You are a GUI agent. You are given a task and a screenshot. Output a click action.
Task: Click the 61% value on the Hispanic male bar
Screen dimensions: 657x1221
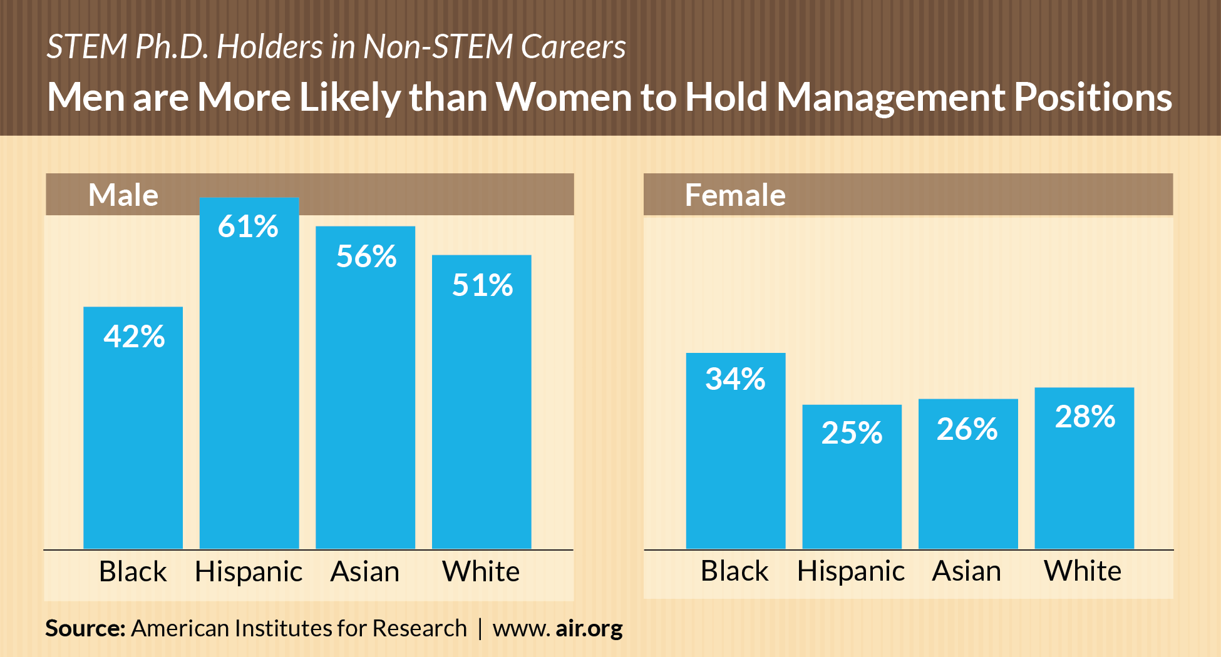pos(248,227)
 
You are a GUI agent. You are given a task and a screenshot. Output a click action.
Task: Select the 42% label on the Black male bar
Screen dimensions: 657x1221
pos(134,337)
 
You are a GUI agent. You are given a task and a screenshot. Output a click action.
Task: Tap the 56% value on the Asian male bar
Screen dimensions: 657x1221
pos(366,257)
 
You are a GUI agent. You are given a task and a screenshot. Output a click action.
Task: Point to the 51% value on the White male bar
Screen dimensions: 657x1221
pos(482,285)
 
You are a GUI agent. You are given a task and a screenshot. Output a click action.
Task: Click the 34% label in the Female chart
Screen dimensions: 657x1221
pos(735,379)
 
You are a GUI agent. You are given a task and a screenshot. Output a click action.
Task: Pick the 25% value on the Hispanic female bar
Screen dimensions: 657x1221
pos(852,433)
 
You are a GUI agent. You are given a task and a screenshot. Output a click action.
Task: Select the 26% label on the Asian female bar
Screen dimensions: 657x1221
pos(967,429)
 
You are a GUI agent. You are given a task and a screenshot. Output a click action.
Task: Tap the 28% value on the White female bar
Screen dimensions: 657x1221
pos(1084,417)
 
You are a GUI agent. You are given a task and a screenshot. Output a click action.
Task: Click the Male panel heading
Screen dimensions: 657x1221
pos(123,195)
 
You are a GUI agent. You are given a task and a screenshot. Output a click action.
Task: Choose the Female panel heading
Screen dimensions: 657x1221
pos(735,195)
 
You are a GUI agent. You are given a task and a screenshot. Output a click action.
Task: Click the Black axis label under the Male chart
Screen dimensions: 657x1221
pos(133,572)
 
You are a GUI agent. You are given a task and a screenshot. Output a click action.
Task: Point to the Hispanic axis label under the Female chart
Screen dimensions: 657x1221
pos(850,571)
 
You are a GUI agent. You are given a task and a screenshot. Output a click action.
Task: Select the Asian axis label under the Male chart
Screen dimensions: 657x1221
pos(365,572)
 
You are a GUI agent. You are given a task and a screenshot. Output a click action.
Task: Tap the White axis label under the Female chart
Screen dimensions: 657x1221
pos(1083,571)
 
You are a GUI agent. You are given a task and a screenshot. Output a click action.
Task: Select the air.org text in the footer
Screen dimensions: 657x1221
pos(589,628)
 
